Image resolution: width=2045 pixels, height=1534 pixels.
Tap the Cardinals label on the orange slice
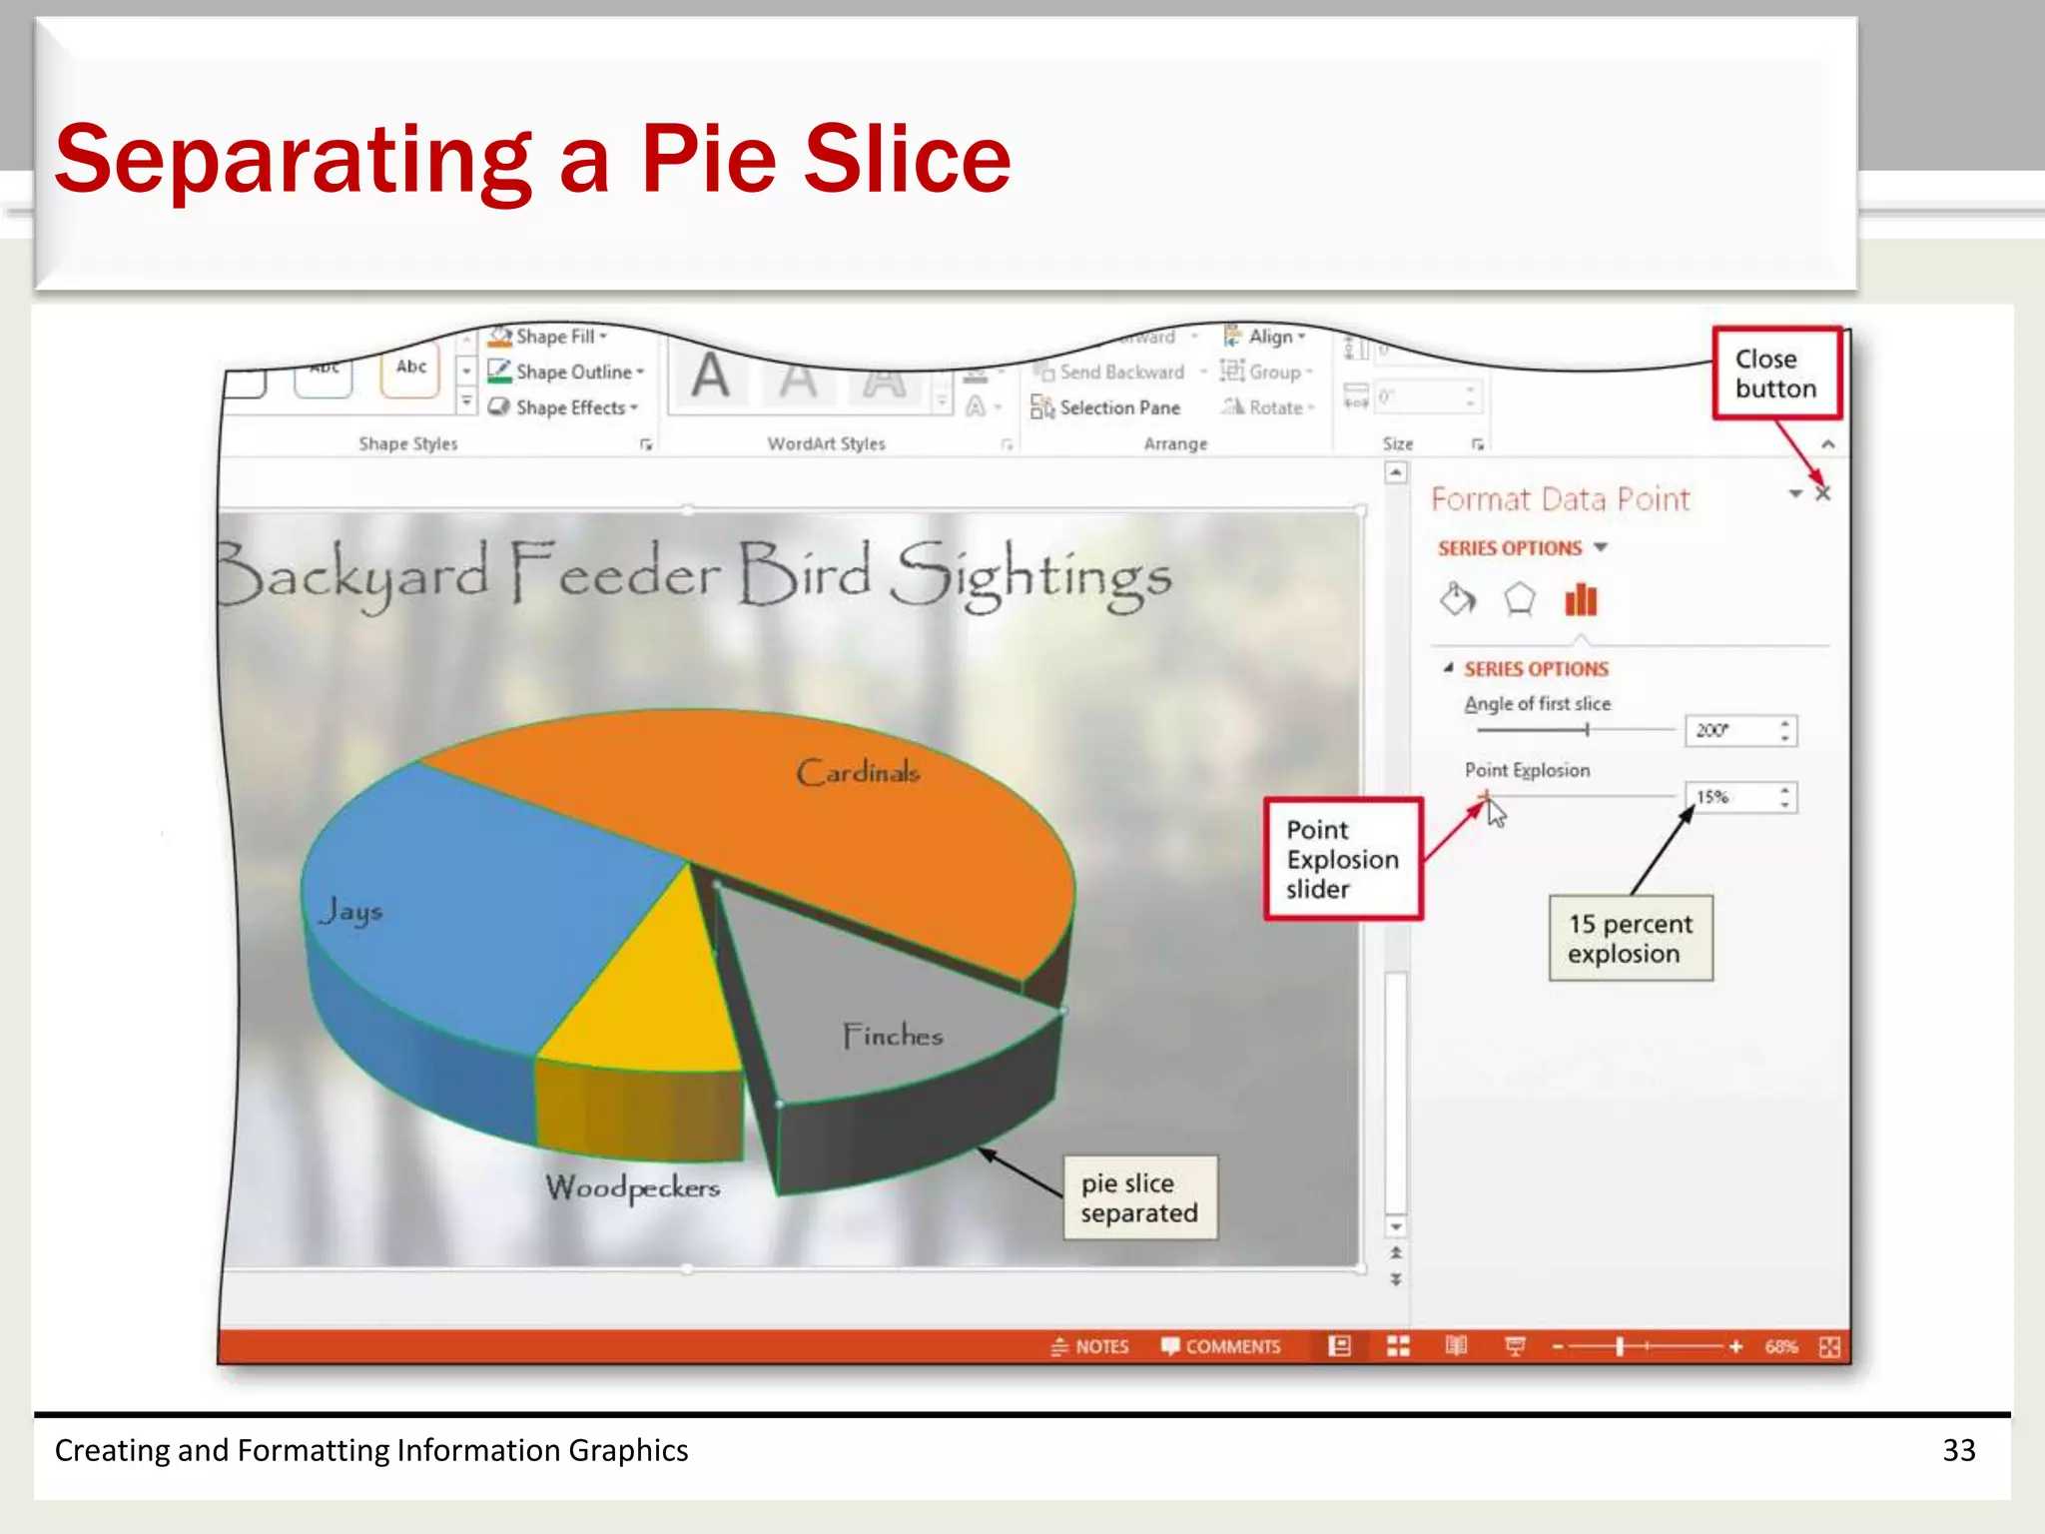point(858,772)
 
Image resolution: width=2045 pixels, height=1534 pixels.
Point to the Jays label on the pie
point(351,911)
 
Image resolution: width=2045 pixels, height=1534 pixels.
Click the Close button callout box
point(1776,374)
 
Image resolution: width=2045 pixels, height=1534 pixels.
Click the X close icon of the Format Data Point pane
point(1823,493)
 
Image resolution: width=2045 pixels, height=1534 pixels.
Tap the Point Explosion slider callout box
point(1343,859)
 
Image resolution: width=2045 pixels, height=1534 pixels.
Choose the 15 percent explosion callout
point(1630,938)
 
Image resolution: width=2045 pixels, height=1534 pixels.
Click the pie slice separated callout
point(1139,1197)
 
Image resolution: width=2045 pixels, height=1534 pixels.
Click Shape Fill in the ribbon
point(555,337)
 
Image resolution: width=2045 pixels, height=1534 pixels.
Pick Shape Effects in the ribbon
point(570,407)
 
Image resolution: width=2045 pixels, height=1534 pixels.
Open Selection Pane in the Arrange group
point(1118,407)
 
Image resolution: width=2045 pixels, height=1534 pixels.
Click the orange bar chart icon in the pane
point(1581,600)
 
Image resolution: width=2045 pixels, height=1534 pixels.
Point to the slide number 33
point(1958,1450)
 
